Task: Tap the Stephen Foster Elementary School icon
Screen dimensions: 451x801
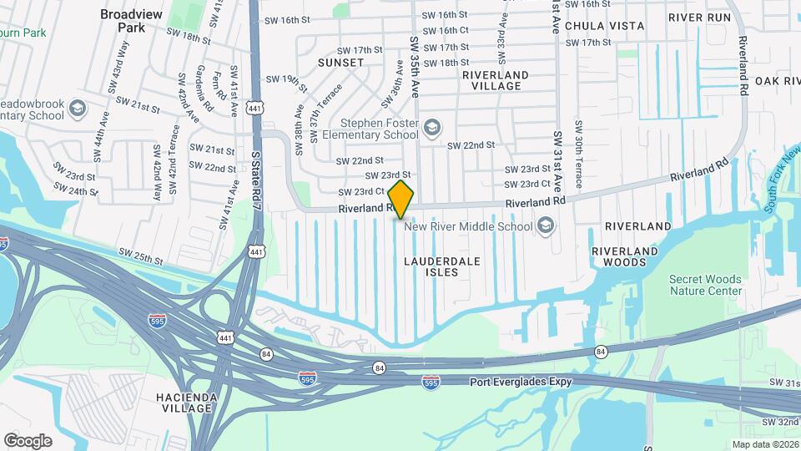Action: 432,127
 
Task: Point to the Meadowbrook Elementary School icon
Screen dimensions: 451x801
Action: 78,109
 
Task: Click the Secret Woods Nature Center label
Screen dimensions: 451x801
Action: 705,285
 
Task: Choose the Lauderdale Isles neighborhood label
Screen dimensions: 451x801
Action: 442,266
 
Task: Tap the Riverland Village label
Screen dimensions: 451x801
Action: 496,80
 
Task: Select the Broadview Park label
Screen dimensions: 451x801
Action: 123,21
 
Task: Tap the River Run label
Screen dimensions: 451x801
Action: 698,17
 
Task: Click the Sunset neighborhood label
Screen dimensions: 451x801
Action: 340,63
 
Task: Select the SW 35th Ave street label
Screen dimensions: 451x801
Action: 413,63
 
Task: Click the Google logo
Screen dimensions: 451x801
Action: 28,440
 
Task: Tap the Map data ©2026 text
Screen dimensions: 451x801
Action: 764,444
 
